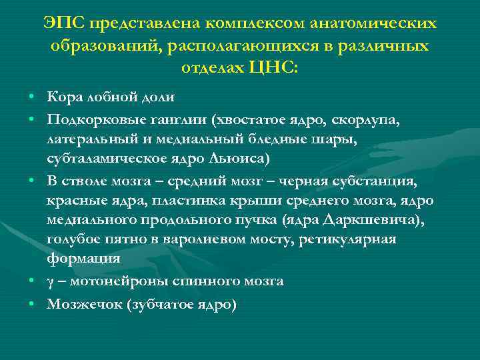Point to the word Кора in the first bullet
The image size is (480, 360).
click(x=65, y=97)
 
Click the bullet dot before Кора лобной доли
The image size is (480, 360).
click(x=32, y=98)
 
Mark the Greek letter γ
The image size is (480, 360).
click(x=50, y=281)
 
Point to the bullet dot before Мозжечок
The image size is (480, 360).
click(x=32, y=305)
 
